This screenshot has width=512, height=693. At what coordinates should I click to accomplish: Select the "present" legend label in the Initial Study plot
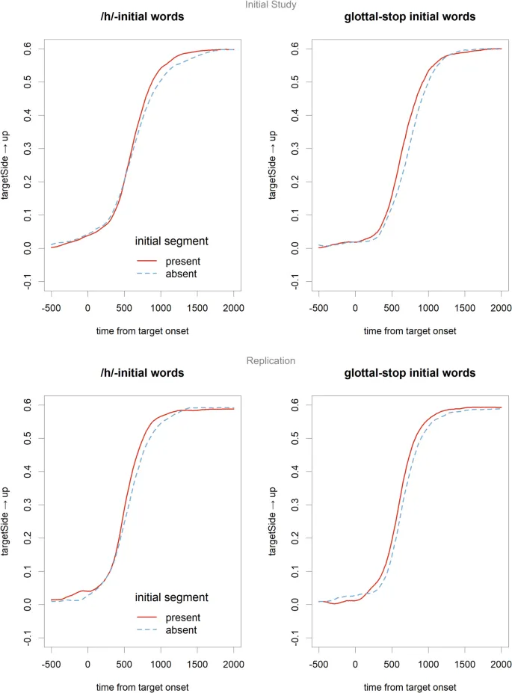186,261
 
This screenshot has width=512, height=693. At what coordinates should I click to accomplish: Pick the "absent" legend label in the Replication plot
182,630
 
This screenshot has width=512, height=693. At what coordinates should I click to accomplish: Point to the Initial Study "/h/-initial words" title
142,18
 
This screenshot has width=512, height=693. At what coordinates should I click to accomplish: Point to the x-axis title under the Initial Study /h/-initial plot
142,330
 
